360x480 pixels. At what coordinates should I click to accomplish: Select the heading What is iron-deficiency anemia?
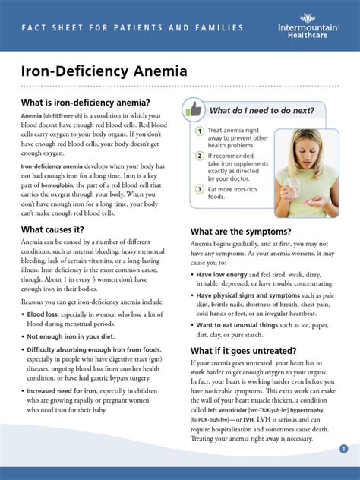click(85, 103)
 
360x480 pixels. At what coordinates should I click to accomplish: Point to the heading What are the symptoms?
click(240, 231)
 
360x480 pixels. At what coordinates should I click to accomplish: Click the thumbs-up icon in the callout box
click(194, 109)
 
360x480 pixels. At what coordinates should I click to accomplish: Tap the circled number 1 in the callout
click(199, 131)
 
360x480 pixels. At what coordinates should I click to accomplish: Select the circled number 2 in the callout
click(199, 156)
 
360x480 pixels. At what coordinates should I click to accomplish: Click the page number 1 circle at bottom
click(343, 449)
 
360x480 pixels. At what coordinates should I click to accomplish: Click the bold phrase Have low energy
click(223, 274)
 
